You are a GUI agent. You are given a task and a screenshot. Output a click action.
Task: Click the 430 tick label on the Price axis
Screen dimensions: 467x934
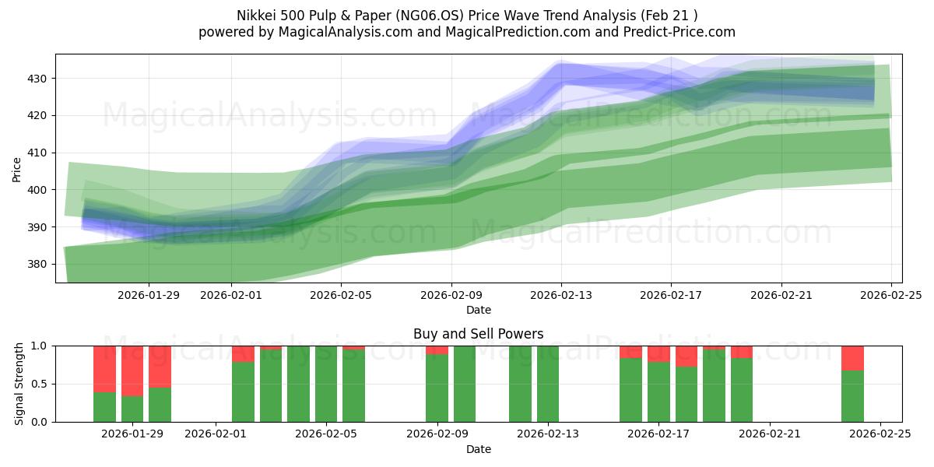[x=37, y=79]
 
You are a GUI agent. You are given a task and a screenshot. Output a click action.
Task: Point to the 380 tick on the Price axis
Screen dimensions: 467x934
[x=37, y=264]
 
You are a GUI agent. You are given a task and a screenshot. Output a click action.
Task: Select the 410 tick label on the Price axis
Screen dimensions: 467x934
[x=37, y=153]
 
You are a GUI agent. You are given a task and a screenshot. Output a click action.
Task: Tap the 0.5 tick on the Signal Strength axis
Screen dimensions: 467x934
[x=40, y=384]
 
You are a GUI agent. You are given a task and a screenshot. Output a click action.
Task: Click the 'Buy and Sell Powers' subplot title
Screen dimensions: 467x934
[x=478, y=334]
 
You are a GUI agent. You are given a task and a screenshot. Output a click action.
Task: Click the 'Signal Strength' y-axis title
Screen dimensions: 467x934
[x=19, y=384]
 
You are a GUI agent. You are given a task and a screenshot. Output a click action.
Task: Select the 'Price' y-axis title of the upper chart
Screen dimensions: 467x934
[x=17, y=169]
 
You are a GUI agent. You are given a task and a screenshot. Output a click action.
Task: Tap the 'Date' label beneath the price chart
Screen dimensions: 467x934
[x=478, y=310]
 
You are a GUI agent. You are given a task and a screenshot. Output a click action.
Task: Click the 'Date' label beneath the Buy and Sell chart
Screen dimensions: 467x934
[x=478, y=449]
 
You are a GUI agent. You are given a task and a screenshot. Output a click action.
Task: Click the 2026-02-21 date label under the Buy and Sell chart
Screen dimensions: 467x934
[x=769, y=434]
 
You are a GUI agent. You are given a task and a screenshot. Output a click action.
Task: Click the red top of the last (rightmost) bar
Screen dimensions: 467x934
[x=852, y=357]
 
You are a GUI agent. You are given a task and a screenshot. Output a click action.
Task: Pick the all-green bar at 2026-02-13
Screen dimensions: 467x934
[x=548, y=384]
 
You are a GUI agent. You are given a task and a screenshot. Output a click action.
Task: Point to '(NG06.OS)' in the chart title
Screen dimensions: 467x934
[x=416, y=16]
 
